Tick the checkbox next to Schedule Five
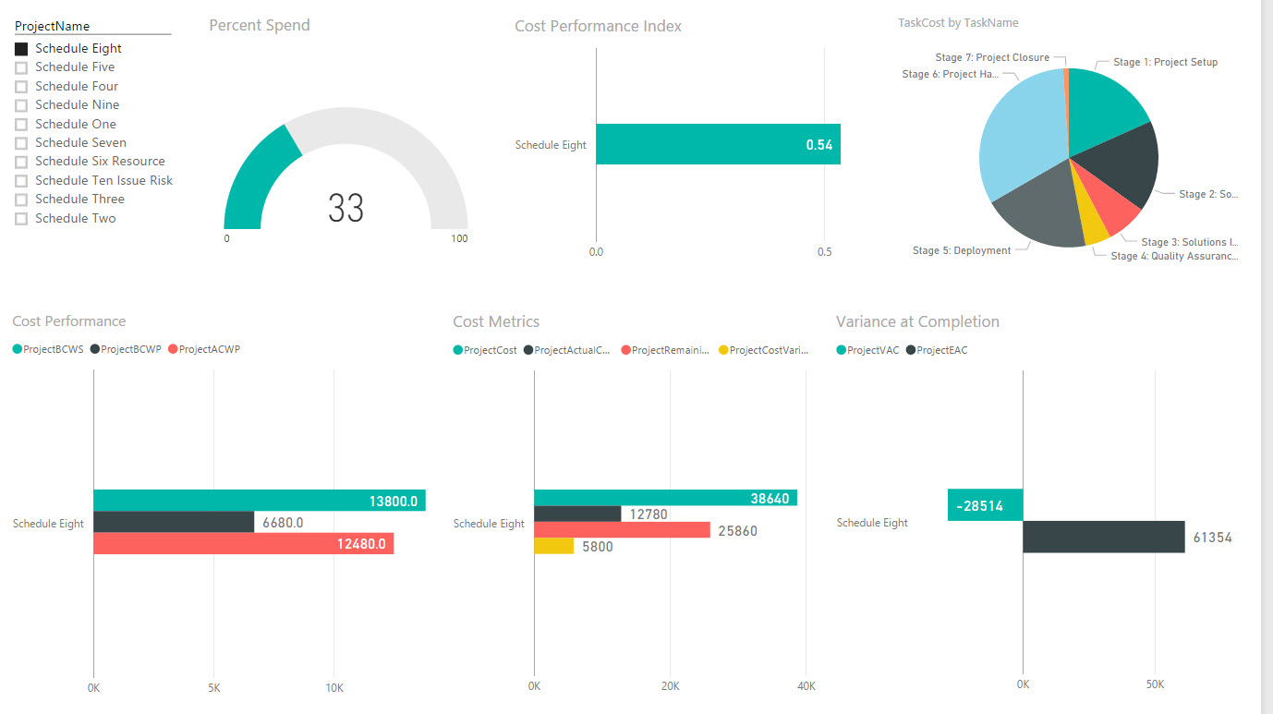(21, 67)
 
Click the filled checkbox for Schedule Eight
(21, 49)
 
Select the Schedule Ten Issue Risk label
(103, 180)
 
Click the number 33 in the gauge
(346, 209)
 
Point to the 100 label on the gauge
(459, 239)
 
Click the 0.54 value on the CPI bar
(819, 145)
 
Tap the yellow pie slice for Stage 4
(1095, 231)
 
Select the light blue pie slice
(1021, 139)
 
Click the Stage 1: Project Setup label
(1165, 63)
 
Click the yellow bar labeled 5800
(553, 546)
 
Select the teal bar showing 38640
(665, 498)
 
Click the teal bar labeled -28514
(985, 505)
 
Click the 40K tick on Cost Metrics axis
(805, 686)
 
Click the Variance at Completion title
(917, 321)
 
